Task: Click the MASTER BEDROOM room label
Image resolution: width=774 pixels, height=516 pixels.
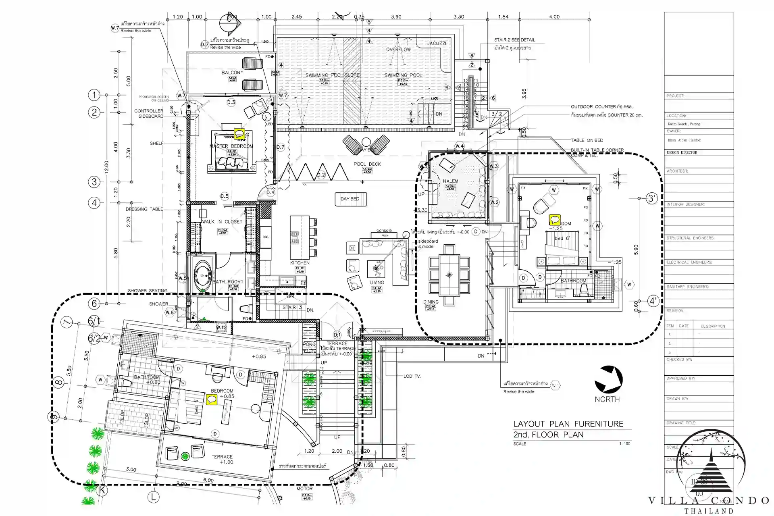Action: click(x=231, y=146)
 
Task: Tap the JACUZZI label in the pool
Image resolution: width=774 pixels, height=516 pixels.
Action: click(x=437, y=43)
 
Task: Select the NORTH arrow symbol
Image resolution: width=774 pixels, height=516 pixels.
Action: click(x=609, y=379)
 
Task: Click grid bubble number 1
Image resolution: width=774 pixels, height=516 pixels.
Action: click(x=94, y=95)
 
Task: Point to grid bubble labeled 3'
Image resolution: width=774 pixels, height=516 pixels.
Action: click(x=652, y=198)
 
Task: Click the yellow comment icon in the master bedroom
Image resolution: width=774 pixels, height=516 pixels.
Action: click(x=239, y=133)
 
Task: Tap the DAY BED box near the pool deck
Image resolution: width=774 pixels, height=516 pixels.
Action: click(x=350, y=199)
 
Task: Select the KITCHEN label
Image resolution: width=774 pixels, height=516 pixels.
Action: click(x=300, y=263)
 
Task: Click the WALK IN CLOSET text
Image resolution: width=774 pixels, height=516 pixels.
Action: click(x=222, y=222)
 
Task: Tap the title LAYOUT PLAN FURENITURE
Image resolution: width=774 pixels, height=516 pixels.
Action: click(x=568, y=424)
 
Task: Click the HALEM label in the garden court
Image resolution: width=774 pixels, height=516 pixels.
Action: click(x=450, y=181)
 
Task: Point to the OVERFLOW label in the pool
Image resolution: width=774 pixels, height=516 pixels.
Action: click(x=398, y=50)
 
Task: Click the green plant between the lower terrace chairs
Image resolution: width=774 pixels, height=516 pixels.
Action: click(x=185, y=456)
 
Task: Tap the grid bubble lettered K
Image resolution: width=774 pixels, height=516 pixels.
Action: click(x=102, y=490)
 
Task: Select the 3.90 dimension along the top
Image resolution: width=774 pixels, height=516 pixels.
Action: click(x=396, y=17)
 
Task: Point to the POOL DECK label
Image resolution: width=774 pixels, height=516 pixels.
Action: click(x=367, y=164)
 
